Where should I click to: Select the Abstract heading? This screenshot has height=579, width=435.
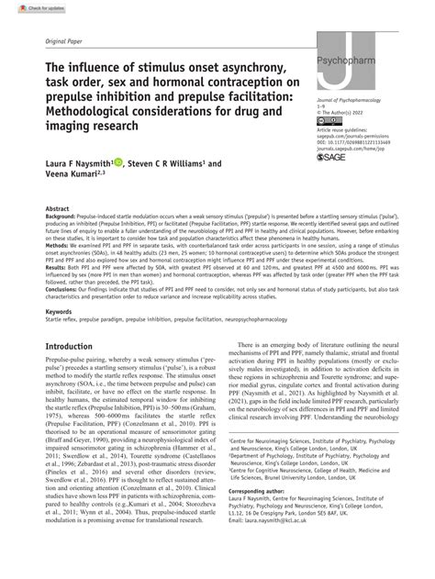point(59,235)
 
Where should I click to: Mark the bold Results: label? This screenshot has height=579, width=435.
point(58,293)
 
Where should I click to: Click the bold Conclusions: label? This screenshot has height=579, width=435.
point(65,314)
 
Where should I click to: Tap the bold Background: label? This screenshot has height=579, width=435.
point(64,243)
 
